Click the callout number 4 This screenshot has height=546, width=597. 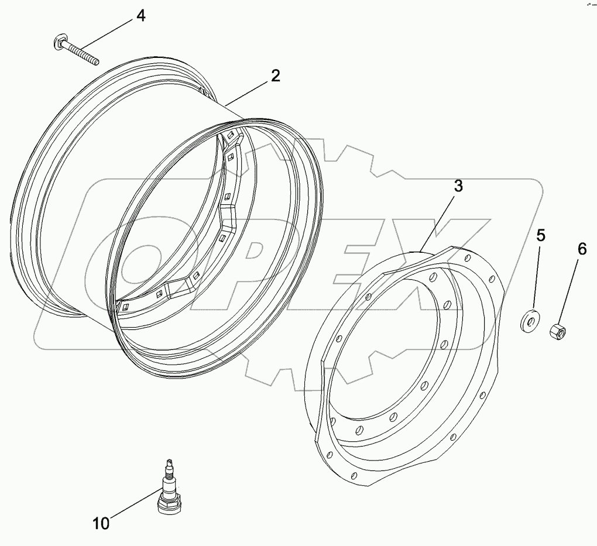(x=140, y=16)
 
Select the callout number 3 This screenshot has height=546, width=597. (x=458, y=186)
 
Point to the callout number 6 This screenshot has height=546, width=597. (x=581, y=249)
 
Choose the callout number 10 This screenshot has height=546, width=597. (x=101, y=523)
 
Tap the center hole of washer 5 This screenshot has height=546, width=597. (x=531, y=320)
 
